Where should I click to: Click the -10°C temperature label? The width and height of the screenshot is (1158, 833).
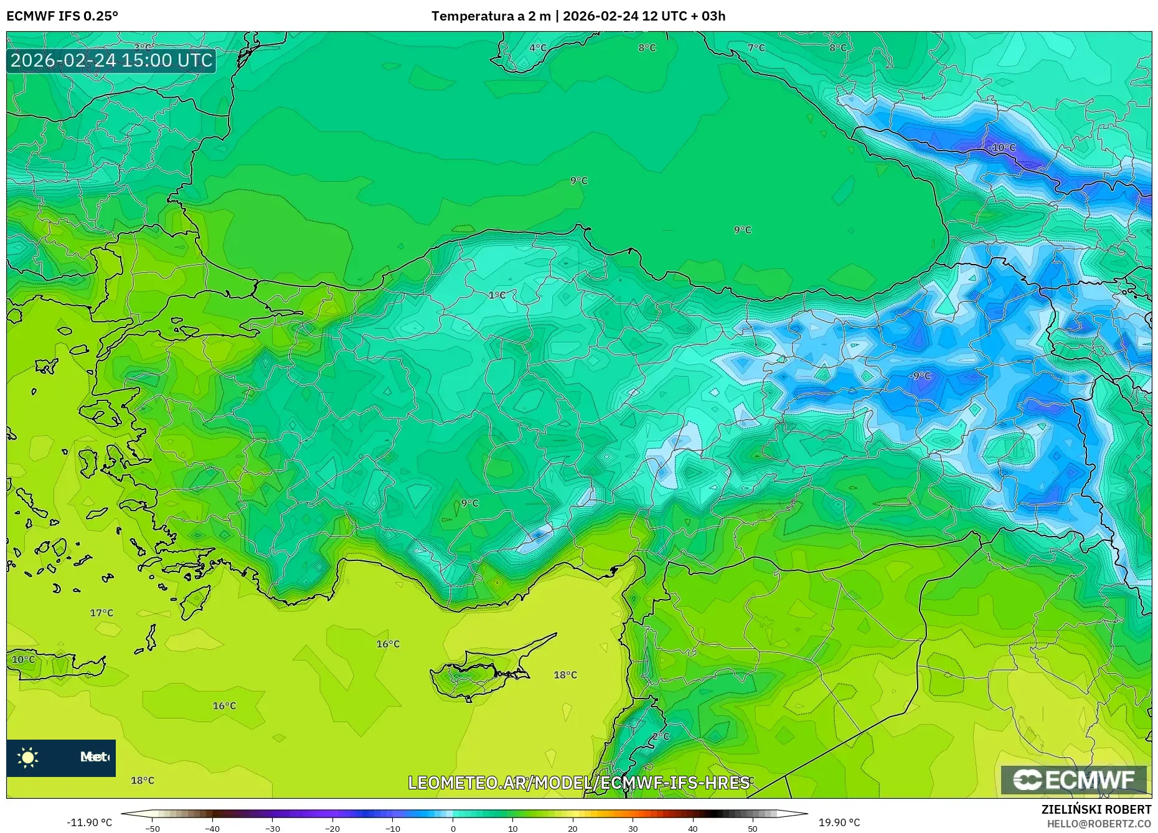[1002, 148]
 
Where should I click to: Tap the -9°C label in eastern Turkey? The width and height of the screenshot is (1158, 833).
[920, 375]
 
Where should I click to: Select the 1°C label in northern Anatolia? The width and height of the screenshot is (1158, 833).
[497, 295]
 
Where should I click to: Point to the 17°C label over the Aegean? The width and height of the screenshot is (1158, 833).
[101, 613]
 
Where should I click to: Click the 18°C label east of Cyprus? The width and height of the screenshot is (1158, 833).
[565, 675]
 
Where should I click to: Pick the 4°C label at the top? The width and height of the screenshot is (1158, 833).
[538, 48]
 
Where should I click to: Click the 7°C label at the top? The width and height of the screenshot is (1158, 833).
[756, 48]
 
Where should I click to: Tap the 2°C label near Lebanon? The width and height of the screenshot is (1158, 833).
[661, 737]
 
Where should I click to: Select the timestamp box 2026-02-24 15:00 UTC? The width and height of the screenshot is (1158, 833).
[111, 60]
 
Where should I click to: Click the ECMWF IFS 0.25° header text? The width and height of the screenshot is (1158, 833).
[62, 16]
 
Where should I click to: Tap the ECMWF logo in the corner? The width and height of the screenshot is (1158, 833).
[1074, 779]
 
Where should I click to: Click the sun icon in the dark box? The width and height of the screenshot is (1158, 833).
[28, 757]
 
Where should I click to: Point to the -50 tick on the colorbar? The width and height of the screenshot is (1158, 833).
[153, 829]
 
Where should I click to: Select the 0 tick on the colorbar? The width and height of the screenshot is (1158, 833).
[453, 829]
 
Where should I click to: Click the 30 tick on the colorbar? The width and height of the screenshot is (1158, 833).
[633, 829]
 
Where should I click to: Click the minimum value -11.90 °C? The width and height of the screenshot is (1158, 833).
[89, 822]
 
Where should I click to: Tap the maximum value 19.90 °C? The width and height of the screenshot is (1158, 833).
[839, 822]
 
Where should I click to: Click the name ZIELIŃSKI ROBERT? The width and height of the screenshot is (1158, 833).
[1096, 809]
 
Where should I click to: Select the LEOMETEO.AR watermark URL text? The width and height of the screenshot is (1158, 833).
[578, 783]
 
